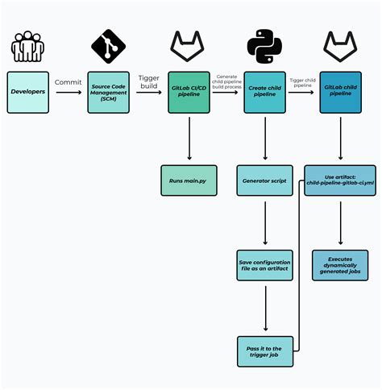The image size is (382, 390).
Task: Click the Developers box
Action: pyautogui.click(x=28, y=92)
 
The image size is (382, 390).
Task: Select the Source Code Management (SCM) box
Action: pyautogui.click(x=108, y=92)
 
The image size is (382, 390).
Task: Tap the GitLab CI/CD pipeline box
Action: pyautogui.click(x=189, y=92)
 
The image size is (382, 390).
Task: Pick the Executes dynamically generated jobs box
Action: pyautogui.click(x=340, y=264)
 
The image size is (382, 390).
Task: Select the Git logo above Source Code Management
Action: pyautogui.click(x=108, y=47)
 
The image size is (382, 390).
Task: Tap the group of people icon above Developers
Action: pyautogui.click(x=28, y=48)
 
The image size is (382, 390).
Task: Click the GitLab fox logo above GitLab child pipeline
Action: pyautogui.click(x=340, y=47)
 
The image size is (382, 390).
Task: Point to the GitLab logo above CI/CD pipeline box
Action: pyautogui.click(x=189, y=47)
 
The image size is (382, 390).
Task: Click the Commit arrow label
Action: pyautogui.click(x=69, y=81)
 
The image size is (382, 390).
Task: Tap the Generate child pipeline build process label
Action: pyautogui.click(x=227, y=81)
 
